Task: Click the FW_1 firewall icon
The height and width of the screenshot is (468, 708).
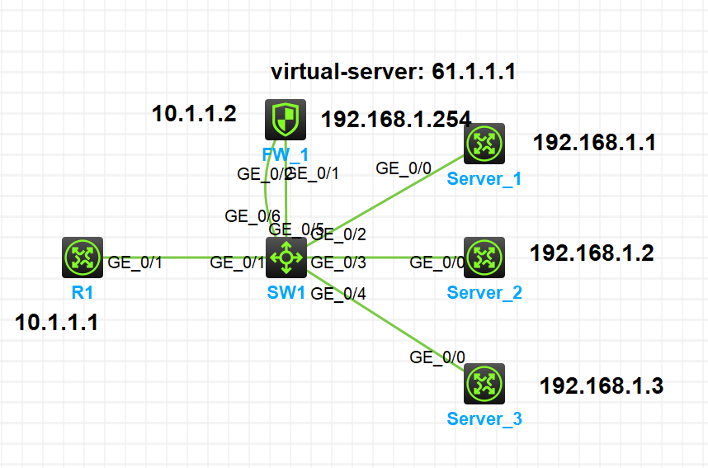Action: [286, 120]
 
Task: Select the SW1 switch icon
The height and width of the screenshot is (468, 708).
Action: [286, 258]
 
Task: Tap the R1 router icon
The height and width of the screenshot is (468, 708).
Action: [82, 258]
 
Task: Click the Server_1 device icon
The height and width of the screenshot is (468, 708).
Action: [484, 144]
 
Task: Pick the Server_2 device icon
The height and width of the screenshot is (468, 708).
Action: [484, 258]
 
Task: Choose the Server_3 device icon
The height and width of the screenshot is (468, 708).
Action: [484, 383]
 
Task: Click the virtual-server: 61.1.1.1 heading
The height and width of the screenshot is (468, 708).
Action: [393, 72]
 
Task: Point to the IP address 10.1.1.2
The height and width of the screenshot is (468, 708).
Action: [194, 114]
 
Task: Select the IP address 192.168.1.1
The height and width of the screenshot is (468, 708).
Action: [594, 143]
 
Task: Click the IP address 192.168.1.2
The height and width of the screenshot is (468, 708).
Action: [592, 253]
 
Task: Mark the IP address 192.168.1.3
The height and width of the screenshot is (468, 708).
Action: [601, 385]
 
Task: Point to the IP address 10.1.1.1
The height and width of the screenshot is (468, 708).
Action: [57, 323]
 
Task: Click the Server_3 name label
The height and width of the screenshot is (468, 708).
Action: [484, 418]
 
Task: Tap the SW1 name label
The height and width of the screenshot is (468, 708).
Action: [286, 291]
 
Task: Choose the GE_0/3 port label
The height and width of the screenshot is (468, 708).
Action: [338, 264]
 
